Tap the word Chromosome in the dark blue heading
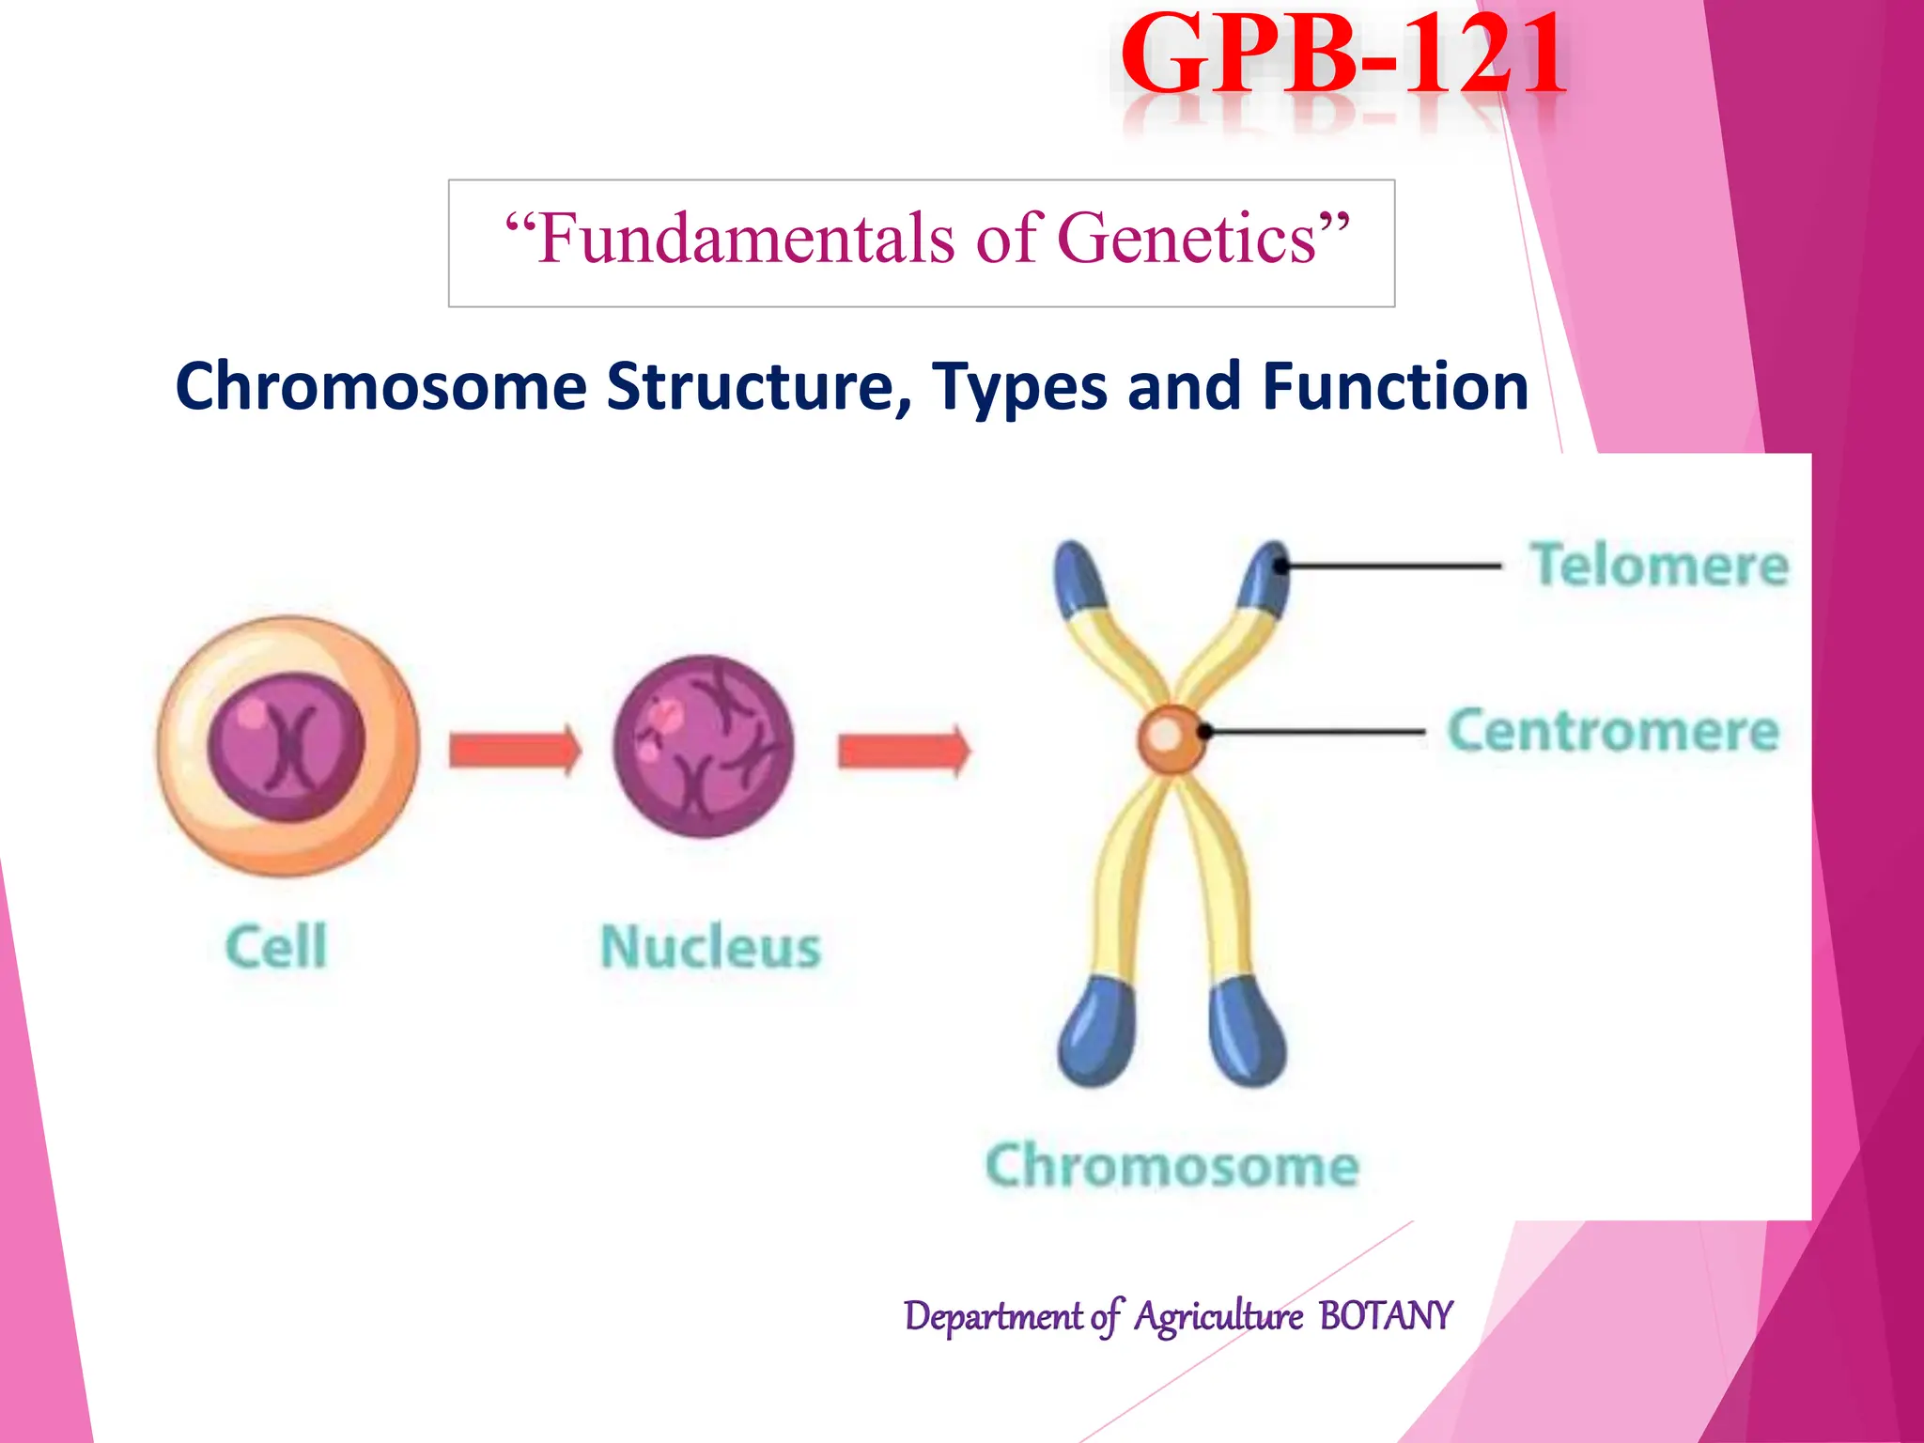[380, 388]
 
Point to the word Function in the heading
[1395, 386]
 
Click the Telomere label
[1659, 566]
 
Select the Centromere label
[1612, 731]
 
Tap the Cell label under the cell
[276, 946]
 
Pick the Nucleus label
[710, 947]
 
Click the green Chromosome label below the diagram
[1171, 1166]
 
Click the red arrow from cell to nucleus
[515, 751]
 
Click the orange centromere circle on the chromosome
[1171, 738]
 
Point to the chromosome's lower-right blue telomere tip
[1247, 1033]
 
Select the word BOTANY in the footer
[1385, 1316]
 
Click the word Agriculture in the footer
[1218, 1316]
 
